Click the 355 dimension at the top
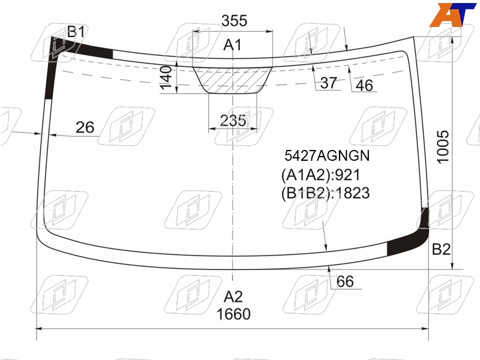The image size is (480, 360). [234, 21]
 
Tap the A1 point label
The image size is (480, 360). [232, 45]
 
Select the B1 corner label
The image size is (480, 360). [76, 31]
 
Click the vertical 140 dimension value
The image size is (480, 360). [166, 77]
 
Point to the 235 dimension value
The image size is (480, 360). [233, 121]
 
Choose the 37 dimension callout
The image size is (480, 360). [328, 83]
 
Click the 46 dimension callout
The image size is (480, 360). [364, 85]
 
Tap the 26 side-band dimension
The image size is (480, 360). [85, 127]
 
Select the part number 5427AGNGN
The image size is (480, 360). [327, 155]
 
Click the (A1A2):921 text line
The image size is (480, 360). [320, 175]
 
